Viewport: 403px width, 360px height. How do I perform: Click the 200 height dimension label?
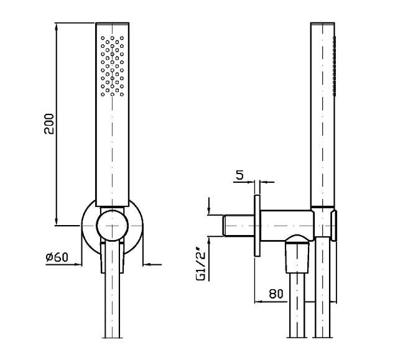tap(49, 124)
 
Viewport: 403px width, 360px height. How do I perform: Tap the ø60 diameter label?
tap(57, 257)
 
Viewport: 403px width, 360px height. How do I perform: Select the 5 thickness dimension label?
tap(239, 175)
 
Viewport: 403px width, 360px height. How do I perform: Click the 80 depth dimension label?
tap(276, 293)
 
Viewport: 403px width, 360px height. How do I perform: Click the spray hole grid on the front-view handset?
tap(113, 66)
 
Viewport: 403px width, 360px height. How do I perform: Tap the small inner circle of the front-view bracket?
tap(113, 225)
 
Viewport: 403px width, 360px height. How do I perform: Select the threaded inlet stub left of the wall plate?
tap(239, 225)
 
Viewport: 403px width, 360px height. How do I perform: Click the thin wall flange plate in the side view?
tap(257, 225)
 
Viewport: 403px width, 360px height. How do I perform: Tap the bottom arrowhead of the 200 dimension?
tap(57, 222)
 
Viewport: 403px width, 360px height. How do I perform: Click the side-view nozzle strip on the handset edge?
tap(334, 67)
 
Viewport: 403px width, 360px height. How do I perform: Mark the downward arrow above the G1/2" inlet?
tap(209, 206)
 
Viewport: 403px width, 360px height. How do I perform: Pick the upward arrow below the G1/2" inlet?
tap(209, 246)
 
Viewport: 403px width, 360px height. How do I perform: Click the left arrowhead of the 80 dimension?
tap(258, 302)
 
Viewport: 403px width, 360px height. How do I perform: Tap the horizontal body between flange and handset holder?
tap(287, 225)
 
